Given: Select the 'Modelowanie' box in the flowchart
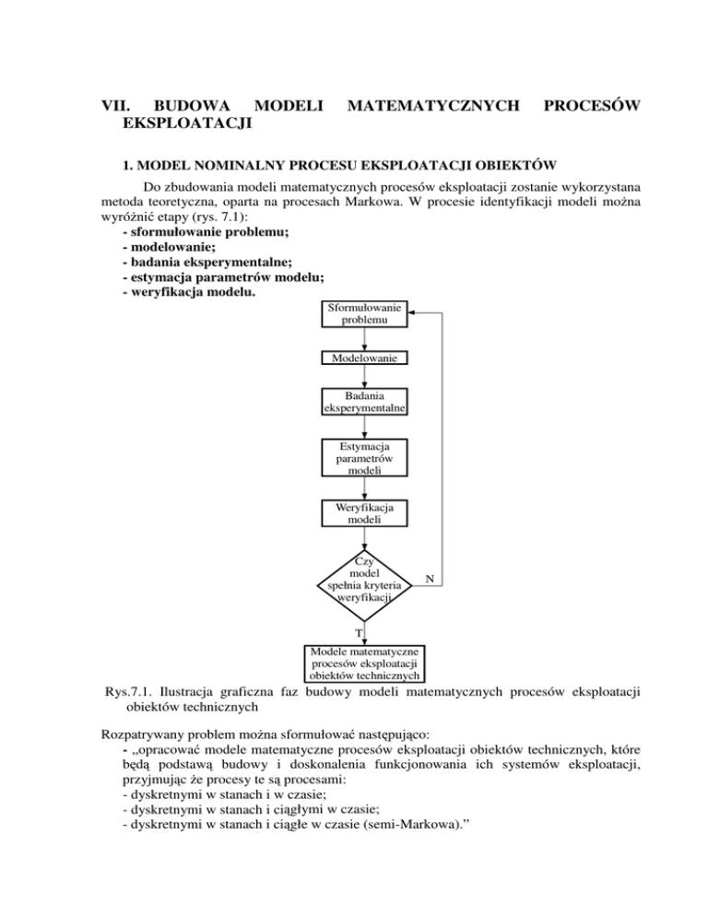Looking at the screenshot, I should [x=362, y=358].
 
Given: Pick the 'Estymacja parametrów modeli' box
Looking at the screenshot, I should [x=362, y=458].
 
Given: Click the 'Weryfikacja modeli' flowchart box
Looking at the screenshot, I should [x=362, y=513].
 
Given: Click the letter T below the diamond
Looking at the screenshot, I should [x=359, y=633].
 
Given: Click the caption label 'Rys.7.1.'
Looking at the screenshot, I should [x=128, y=690].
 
